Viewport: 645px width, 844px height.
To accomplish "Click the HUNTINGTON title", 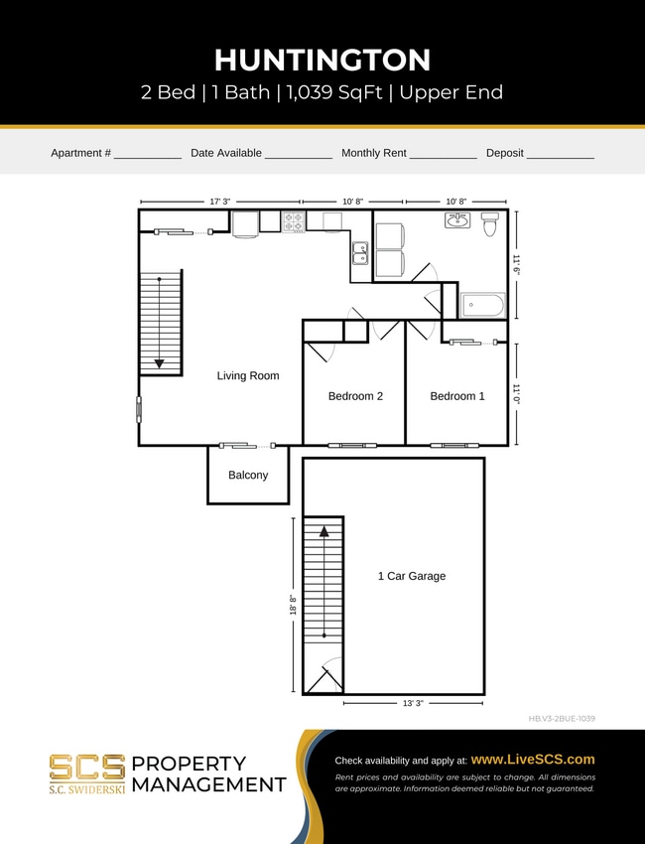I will click(322, 60).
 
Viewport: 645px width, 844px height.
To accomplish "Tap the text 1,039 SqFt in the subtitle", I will click(332, 93).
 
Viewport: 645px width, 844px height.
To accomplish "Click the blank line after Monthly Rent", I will click(443, 156).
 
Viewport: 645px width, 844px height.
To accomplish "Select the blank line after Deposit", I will click(560, 156).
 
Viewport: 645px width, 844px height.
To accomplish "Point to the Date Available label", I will click(226, 153).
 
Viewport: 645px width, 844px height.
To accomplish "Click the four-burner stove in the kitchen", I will click(294, 221).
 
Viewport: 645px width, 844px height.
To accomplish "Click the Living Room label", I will click(248, 376).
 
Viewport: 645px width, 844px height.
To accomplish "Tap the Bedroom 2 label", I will click(355, 396).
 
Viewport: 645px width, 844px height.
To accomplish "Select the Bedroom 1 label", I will click(457, 396).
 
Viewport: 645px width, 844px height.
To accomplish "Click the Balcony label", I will click(248, 476).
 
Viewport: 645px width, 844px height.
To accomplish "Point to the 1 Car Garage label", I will click(412, 576).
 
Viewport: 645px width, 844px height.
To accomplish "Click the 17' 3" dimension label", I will click(219, 202).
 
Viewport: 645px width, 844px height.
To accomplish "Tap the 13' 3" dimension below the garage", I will click(412, 703).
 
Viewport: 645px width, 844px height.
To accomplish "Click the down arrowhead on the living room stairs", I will click(159, 363).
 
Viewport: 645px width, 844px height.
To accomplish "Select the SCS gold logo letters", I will click(87, 767).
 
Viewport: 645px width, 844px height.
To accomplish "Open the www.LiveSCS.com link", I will click(533, 760).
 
